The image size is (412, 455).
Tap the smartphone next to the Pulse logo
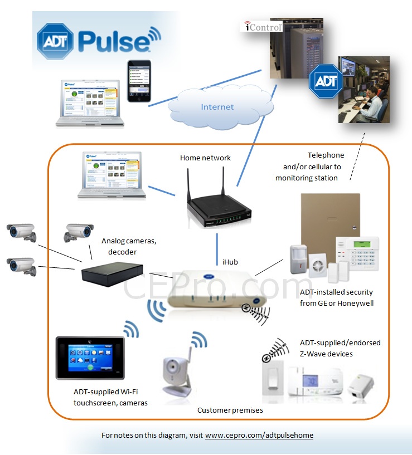pos(139,81)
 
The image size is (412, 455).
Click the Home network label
pos(205,158)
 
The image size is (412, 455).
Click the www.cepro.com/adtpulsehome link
pos(259,435)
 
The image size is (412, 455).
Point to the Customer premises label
pos(230,410)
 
